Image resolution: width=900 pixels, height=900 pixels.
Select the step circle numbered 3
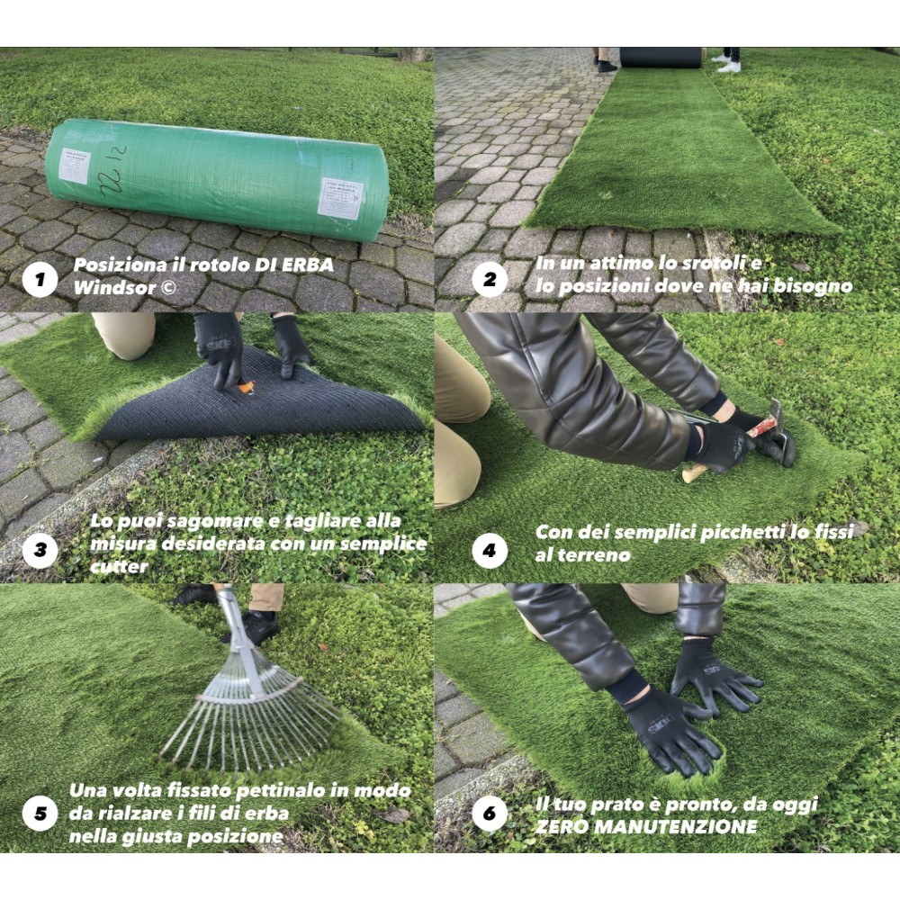(x=40, y=548)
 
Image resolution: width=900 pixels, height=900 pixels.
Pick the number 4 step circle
(x=489, y=548)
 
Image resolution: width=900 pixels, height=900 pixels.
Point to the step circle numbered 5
(x=40, y=815)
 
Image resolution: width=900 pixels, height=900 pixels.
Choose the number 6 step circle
(x=489, y=815)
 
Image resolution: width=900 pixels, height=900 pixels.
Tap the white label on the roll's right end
(x=339, y=197)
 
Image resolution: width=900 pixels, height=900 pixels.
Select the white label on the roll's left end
(x=75, y=166)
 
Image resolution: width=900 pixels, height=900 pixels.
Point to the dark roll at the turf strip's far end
(x=660, y=57)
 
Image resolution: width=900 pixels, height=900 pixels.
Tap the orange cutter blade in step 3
(x=246, y=388)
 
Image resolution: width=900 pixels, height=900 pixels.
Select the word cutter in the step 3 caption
(x=120, y=567)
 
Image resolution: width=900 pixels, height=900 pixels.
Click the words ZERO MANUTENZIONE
(x=645, y=826)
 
